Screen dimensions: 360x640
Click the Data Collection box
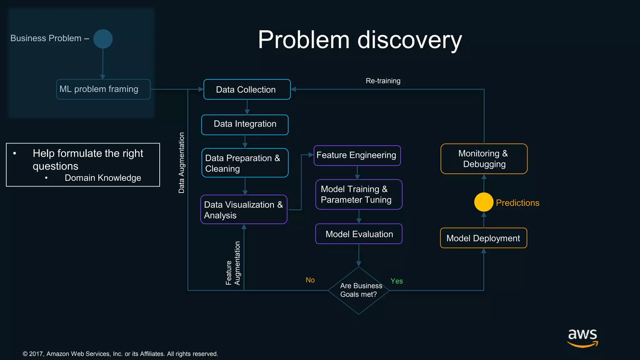[247, 90]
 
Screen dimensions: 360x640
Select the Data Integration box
[245, 125]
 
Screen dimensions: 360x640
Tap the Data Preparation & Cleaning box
[245, 163]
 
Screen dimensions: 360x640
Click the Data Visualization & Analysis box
[244, 209]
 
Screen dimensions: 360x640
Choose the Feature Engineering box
[357, 155]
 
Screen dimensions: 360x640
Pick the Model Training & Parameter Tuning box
[359, 194]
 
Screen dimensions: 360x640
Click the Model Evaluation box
[359, 234]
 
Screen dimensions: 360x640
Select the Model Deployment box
[483, 238]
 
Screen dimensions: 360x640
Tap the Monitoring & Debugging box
[484, 159]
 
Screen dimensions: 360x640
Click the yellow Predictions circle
[483, 202]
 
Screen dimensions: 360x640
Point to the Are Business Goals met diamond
[359, 290]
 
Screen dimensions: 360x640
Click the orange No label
[310, 280]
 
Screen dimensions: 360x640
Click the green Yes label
[397, 281]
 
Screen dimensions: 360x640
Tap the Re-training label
[383, 81]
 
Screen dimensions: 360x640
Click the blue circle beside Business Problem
[103, 39]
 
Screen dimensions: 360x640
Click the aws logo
[582, 337]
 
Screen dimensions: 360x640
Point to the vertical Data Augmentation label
[182, 162]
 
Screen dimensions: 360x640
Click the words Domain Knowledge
[103, 178]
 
